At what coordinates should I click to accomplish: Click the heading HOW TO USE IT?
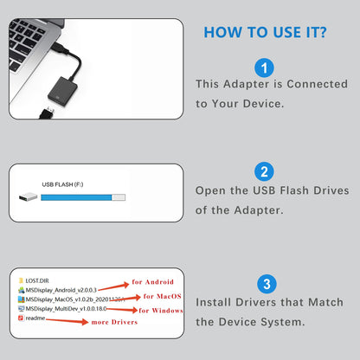coord(264,33)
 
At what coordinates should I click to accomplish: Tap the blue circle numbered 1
coord(266,67)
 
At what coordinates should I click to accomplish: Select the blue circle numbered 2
coord(266,171)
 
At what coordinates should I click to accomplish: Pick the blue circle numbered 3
coord(266,284)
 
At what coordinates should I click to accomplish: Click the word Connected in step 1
coord(312,84)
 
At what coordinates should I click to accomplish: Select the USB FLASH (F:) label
coord(62,184)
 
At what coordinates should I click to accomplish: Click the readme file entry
coord(36,318)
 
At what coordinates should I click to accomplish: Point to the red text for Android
coord(152,282)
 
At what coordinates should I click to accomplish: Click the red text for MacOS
coord(160,296)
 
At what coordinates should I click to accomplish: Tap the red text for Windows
coord(161,310)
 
